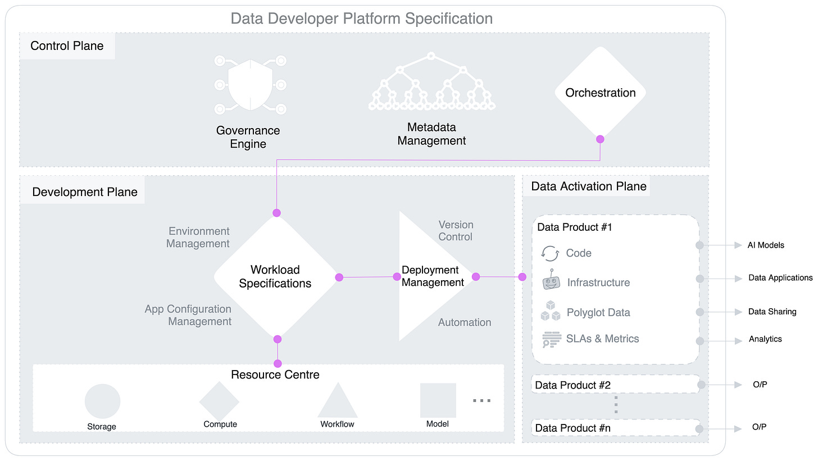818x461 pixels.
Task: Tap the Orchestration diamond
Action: click(600, 93)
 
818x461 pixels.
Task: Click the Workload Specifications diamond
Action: click(275, 276)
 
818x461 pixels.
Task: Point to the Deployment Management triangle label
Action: click(433, 276)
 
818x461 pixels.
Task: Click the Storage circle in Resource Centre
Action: click(102, 401)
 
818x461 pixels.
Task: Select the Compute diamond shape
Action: click(220, 401)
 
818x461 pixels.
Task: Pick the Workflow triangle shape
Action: click(337, 402)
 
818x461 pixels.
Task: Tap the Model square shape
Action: click(438, 400)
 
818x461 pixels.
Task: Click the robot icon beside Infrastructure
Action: click(551, 280)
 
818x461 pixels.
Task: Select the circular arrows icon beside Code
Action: click(550, 253)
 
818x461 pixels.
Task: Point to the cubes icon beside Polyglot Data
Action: click(551, 311)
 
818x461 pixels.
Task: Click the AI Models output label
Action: click(765, 245)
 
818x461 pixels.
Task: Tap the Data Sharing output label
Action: click(772, 312)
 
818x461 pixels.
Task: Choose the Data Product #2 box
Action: click(615, 385)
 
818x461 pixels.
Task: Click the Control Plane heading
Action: click(67, 46)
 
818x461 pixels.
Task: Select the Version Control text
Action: click(456, 231)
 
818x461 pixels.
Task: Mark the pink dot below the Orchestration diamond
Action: click(600, 139)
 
